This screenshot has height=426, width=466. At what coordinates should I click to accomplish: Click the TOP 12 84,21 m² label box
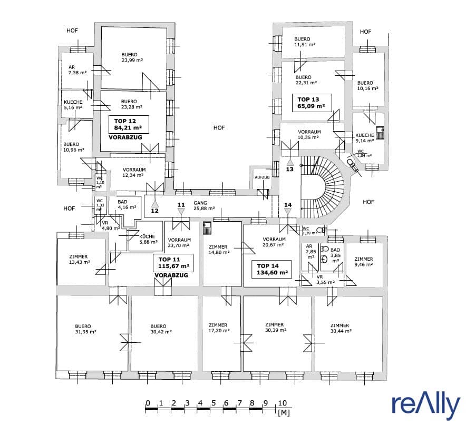click(x=129, y=124)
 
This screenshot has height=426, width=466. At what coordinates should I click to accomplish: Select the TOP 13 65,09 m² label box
click(x=312, y=103)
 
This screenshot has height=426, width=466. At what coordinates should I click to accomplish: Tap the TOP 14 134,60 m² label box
click(x=271, y=269)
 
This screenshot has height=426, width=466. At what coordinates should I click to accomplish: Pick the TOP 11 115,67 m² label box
click(x=173, y=263)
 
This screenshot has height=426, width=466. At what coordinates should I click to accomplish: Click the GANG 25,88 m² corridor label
click(x=204, y=206)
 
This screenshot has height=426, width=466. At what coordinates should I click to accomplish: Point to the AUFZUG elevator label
click(x=262, y=177)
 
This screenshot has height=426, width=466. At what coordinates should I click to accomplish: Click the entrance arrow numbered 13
click(x=290, y=163)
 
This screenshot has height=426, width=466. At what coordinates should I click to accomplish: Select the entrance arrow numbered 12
click(x=154, y=204)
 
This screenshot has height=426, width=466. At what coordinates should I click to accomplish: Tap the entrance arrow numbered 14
click(x=288, y=211)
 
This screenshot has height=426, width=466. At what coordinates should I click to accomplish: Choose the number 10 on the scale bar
click(x=283, y=403)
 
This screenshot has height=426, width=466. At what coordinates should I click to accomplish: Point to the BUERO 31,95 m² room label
click(x=85, y=329)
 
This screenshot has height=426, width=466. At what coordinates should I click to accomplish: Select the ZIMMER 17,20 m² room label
click(x=219, y=328)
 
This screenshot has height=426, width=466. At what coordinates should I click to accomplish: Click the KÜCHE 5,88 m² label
click(x=148, y=239)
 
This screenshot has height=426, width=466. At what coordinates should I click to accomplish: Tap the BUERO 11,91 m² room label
click(x=305, y=42)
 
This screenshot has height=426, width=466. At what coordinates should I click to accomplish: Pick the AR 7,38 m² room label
click(x=77, y=70)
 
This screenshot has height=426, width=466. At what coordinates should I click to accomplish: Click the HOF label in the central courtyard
click(x=219, y=127)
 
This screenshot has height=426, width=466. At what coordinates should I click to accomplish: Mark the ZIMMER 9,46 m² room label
click(x=363, y=262)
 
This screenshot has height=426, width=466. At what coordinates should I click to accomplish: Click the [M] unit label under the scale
click(x=284, y=412)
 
